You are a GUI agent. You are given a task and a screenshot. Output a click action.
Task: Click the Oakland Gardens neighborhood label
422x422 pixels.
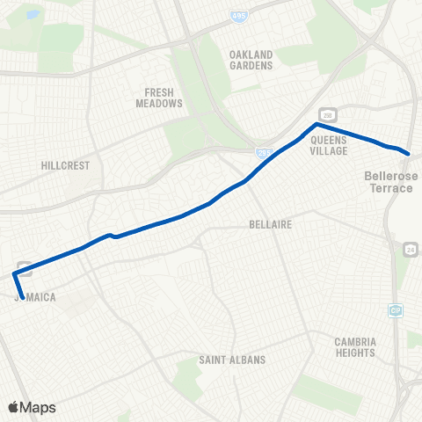click(251, 59)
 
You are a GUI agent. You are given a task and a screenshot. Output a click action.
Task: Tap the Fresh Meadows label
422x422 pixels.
click(164, 98)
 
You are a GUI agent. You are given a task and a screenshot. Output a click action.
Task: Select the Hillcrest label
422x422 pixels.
click(61, 164)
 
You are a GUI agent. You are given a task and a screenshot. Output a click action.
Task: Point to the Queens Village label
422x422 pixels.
click(330, 144)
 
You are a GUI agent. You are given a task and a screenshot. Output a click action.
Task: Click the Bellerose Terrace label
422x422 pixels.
click(391, 182)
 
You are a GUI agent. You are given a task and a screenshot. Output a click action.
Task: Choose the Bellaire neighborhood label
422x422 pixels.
click(270, 224)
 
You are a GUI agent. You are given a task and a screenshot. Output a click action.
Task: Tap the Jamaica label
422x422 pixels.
click(36, 297)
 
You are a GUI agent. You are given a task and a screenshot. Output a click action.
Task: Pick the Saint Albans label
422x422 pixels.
click(232, 360)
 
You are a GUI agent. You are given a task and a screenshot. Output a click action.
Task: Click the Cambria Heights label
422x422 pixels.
click(356, 346)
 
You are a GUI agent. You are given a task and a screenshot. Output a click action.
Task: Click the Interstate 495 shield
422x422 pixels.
click(239, 16)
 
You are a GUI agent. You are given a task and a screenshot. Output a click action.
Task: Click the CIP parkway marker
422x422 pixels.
click(396, 309)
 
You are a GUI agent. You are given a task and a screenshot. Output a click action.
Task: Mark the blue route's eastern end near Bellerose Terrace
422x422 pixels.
click(409, 153)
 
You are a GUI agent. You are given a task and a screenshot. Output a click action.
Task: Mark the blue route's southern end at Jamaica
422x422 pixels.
click(22, 296)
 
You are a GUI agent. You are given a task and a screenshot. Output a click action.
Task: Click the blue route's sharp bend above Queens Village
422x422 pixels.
click(314, 125)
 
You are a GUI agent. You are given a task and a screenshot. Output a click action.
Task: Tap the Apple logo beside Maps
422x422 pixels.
click(13, 407)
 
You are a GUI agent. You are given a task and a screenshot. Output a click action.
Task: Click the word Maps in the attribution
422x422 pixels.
click(38, 407)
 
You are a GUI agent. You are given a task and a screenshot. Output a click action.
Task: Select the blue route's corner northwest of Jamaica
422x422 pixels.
click(14, 274)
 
